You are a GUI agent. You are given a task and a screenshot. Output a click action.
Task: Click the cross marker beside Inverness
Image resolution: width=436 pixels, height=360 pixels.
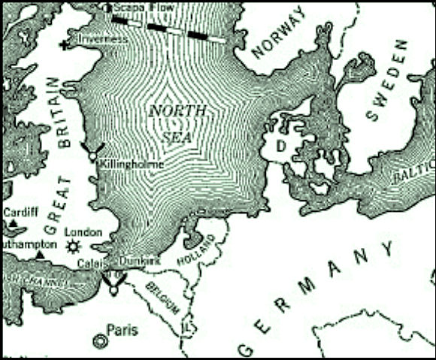[x=65, y=45]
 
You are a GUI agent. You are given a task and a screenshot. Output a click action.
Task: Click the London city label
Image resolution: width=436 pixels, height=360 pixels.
[x=83, y=232]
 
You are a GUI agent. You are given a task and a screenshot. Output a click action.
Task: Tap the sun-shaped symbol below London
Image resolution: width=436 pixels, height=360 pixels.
[x=72, y=246]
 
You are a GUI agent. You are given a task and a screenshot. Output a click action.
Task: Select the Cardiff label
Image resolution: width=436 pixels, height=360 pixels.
[x=21, y=212]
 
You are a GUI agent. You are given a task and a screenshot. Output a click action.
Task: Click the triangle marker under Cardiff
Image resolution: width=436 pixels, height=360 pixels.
[x=13, y=224]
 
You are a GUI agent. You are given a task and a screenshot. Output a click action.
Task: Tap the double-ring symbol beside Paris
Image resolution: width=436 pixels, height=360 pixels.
[x=98, y=340]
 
